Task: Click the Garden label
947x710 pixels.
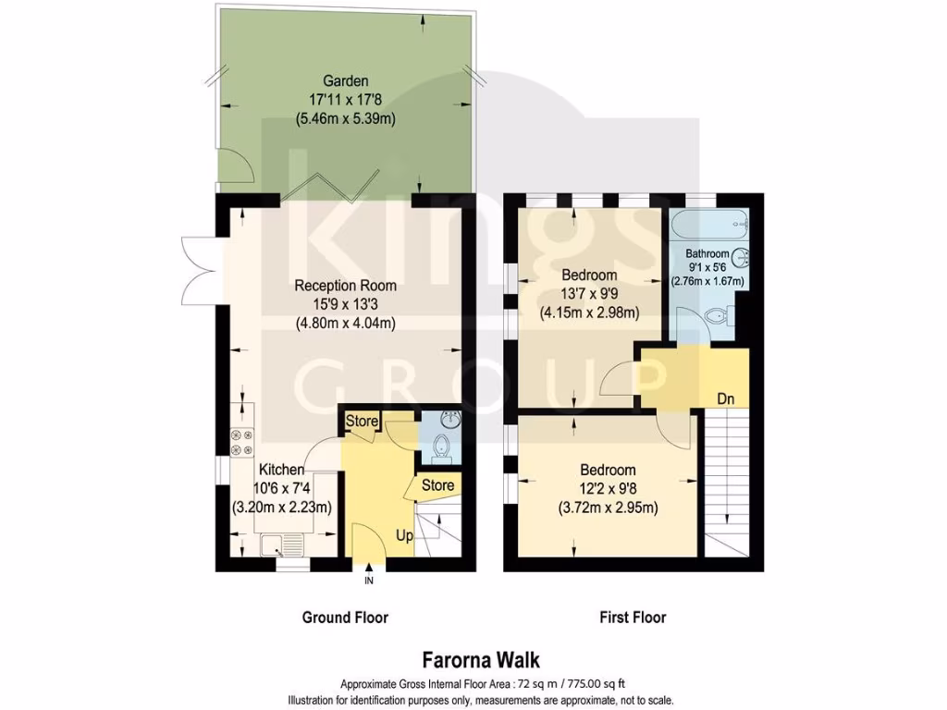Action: coord(345,80)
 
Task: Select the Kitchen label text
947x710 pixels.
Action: coord(282,470)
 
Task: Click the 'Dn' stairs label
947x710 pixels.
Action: coord(727,398)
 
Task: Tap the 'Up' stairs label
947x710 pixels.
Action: coord(405,535)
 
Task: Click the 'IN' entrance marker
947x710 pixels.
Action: coord(368,581)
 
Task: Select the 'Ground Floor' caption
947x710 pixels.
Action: coord(345,618)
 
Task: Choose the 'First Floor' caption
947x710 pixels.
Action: coord(633,618)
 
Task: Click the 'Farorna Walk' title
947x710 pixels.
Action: coord(481,660)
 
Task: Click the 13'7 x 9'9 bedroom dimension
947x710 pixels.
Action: coord(590,294)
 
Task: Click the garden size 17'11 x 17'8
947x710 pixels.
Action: coord(345,100)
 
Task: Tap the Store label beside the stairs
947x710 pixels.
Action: coord(438,485)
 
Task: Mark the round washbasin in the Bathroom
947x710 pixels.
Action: coord(741,258)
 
